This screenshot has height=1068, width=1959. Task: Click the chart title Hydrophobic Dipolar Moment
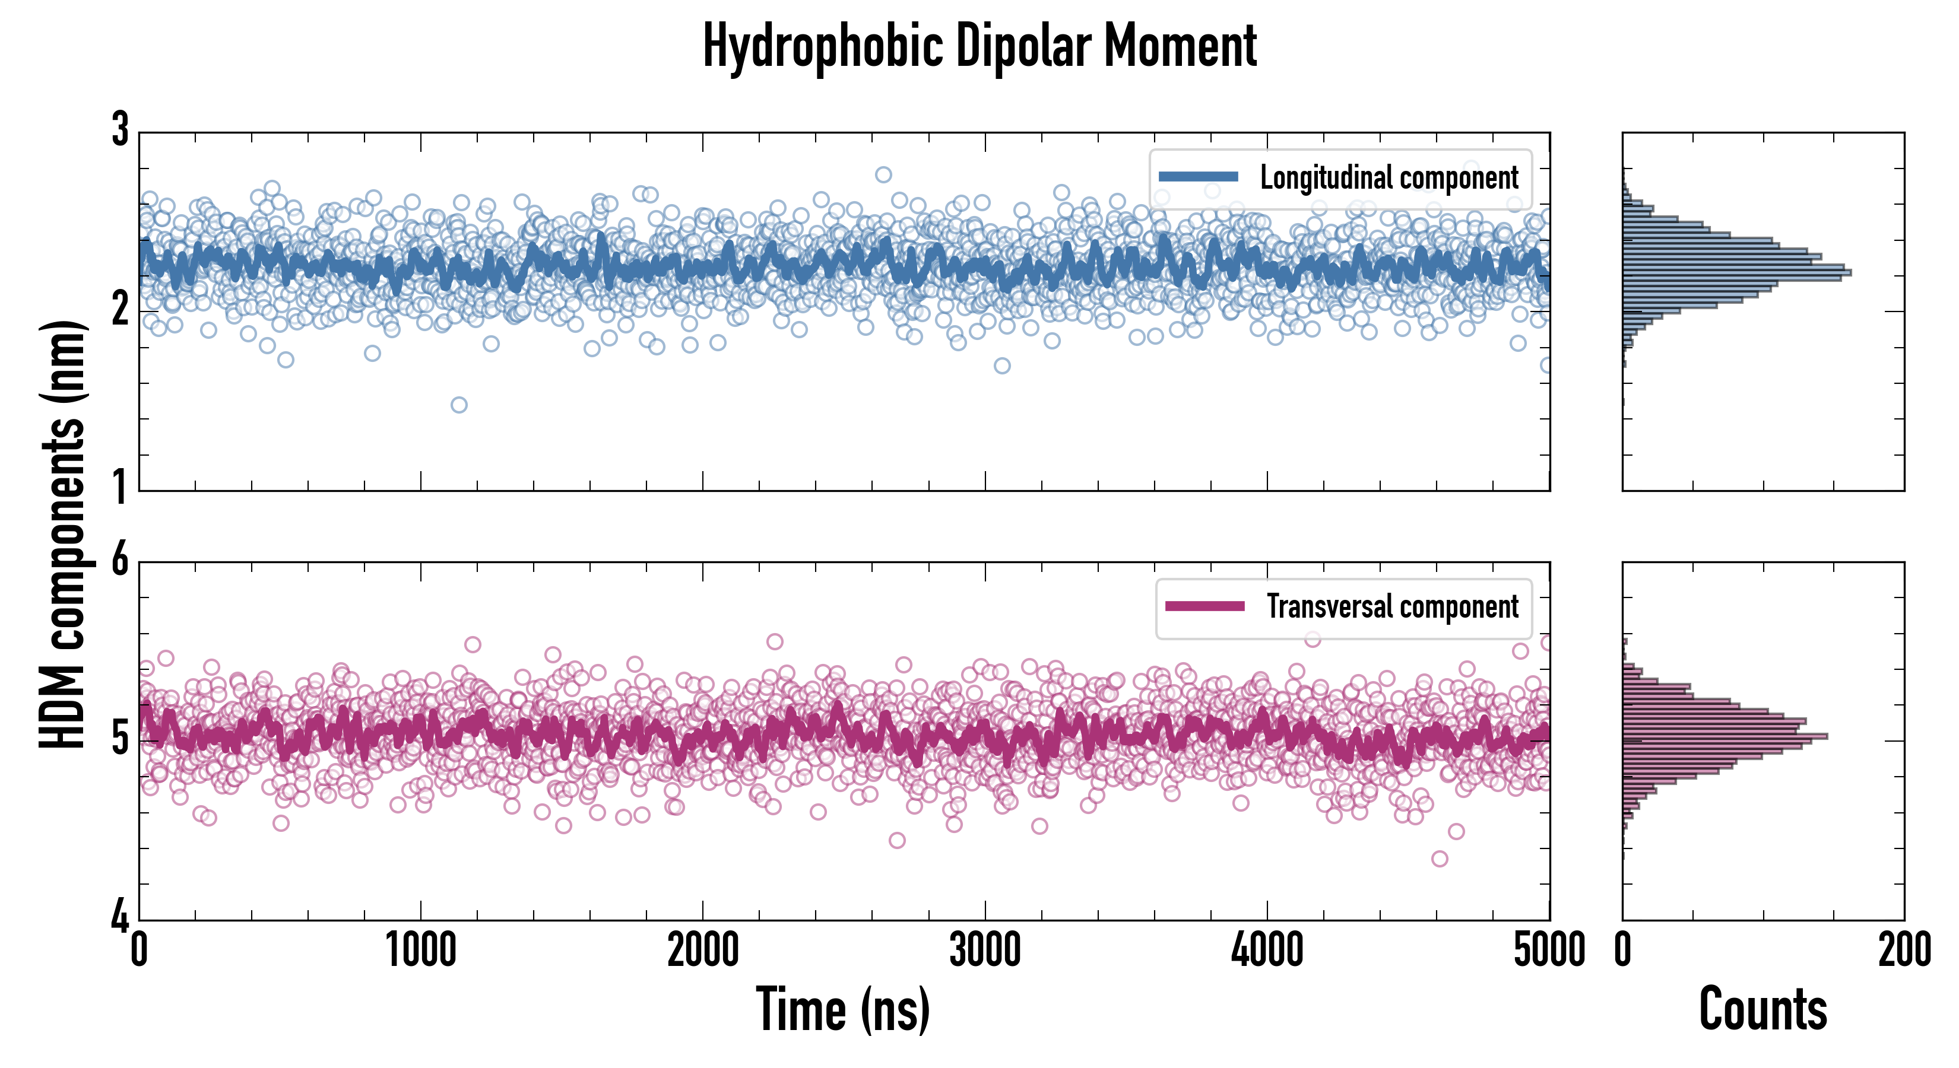[979, 47]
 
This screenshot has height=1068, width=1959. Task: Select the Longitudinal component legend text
[1389, 178]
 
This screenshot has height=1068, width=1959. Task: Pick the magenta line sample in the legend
[1204, 606]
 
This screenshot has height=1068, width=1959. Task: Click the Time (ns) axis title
[842, 1009]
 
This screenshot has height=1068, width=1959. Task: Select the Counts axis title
[1763, 1009]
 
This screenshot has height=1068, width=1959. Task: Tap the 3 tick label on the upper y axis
[120, 131]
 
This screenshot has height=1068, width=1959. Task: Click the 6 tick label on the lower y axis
[120, 561]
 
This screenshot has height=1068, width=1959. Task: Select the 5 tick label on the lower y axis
[120, 740]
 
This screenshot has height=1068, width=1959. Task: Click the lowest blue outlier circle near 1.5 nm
[458, 405]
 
